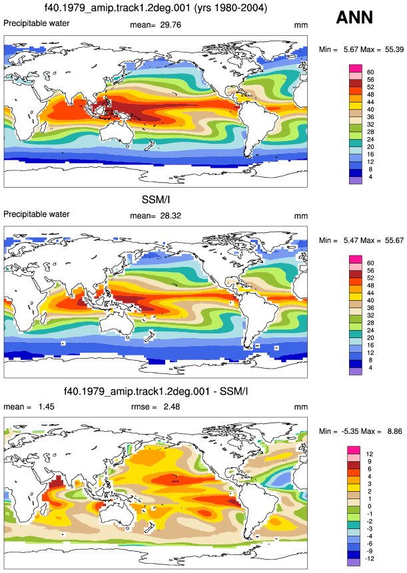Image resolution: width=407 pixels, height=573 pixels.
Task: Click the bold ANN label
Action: [x=354, y=17]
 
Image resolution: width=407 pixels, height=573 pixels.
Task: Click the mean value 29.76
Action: [x=171, y=25]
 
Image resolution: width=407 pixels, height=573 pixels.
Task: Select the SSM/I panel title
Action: [x=156, y=200]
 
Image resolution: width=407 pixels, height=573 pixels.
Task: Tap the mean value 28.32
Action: [x=171, y=216]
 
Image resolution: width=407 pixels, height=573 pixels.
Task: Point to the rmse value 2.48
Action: [x=172, y=407]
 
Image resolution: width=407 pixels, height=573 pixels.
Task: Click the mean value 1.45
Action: [x=47, y=407]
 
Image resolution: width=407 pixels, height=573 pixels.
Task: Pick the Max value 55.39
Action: [x=394, y=49]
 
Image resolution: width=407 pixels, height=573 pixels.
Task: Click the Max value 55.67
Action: [x=394, y=240]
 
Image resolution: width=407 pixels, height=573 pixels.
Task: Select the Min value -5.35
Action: [x=350, y=431]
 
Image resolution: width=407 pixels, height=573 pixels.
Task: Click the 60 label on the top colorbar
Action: [x=370, y=73]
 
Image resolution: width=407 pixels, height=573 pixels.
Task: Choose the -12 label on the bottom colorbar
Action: [x=370, y=558]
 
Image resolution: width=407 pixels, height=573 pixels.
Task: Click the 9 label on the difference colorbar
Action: [x=369, y=462]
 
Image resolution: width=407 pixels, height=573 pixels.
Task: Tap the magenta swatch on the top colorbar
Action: [x=356, y=69]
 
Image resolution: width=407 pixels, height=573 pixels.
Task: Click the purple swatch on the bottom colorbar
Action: [x=354, y=562]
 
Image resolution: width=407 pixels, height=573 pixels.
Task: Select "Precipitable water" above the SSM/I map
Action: [x=36, y=214]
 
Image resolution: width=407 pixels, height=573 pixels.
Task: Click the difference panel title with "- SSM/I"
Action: [x=156, y=391]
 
